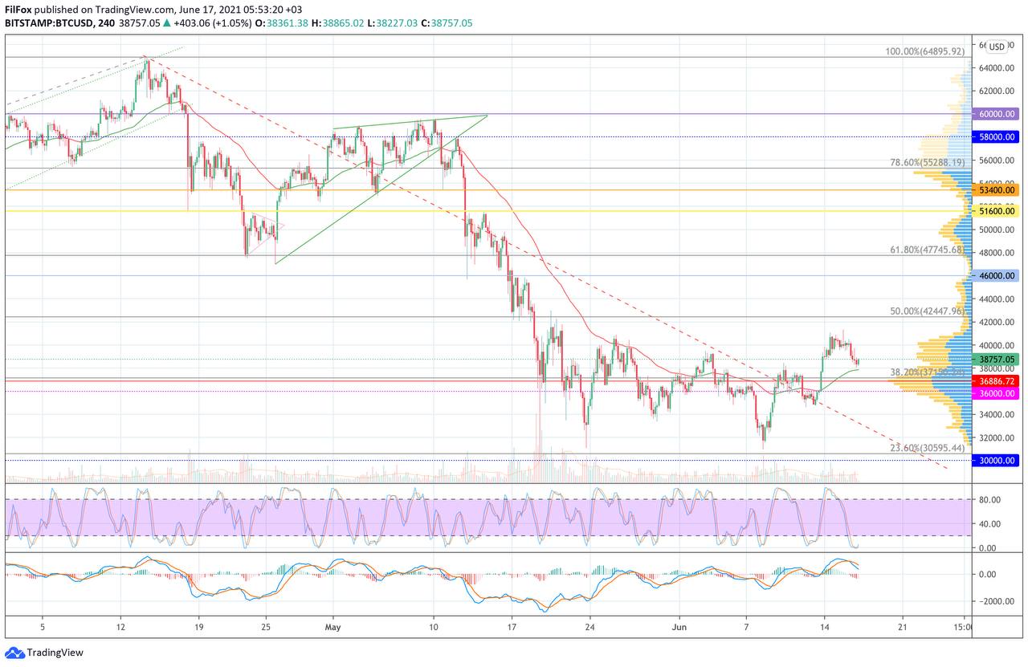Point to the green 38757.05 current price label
(996, 359)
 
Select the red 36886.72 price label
(996, 380)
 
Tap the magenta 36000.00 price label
(996, 393)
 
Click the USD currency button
(997, 47)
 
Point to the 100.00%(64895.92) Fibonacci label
(924, 51)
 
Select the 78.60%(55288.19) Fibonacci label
(926, 162)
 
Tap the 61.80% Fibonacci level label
(926, 250)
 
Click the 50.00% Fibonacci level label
(926, 311)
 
